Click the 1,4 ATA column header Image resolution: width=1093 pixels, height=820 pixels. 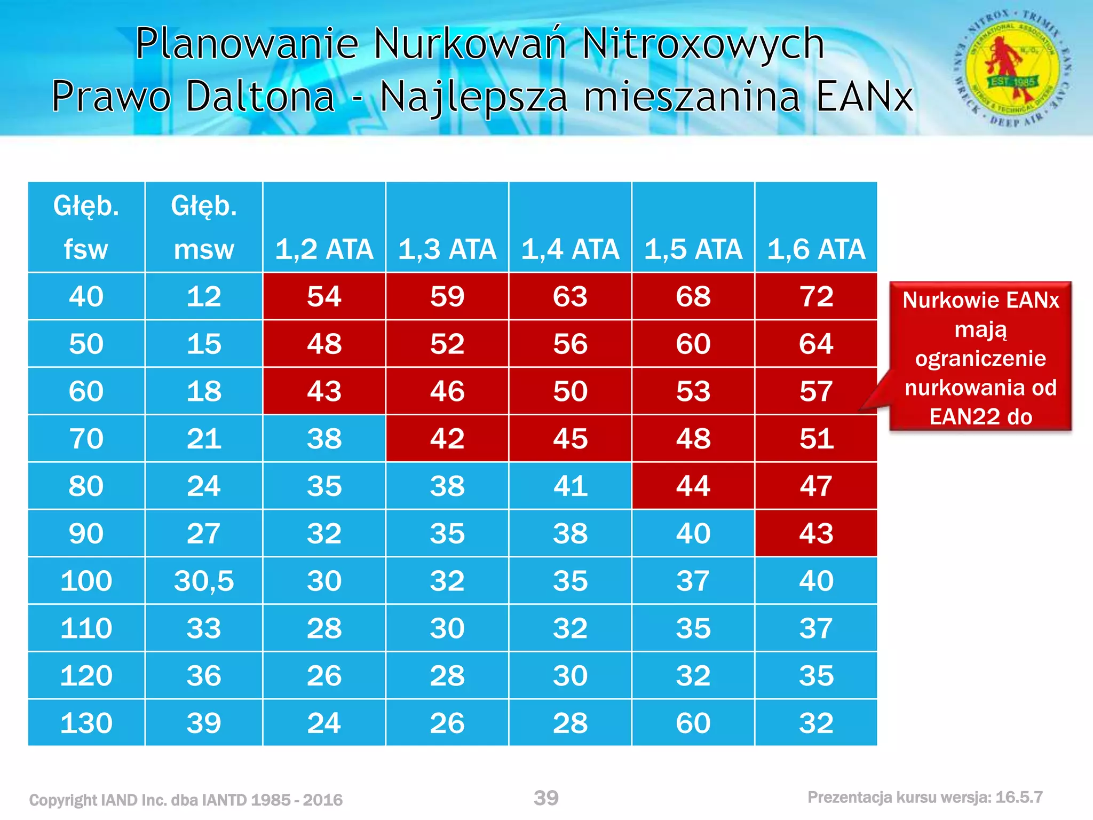point(570,249)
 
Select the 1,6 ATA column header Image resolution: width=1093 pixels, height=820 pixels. point(816,249)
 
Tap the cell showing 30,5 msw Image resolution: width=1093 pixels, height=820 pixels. point(203,581)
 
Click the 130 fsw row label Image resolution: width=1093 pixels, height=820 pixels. point(86,723)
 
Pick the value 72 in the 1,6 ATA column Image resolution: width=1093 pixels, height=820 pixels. point(816,296)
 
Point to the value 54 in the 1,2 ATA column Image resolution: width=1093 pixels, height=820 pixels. point(324,296)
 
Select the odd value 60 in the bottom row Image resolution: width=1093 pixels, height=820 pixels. point(693,723)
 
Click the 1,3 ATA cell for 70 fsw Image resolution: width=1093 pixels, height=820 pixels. point(447,438)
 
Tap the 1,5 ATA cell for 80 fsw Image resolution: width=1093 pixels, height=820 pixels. point(693,486)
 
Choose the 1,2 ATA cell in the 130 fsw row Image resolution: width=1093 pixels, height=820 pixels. point(324,723)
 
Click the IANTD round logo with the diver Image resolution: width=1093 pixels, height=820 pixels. point(1012,68)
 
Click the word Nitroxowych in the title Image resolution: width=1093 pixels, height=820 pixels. point(703,44)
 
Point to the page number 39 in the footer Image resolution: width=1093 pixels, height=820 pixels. point(546,798)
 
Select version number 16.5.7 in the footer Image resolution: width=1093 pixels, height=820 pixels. point(1019,798)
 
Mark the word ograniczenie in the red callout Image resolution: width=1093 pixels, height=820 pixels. point(980,358)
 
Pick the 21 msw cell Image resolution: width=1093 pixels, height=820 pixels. point(203,438)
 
